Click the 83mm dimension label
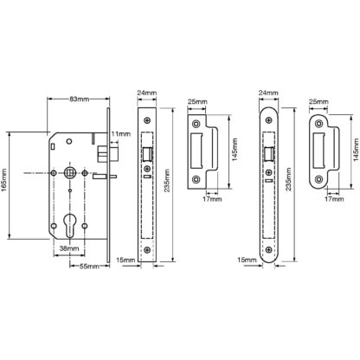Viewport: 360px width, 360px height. [79, 100]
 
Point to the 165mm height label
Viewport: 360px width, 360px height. [3, 184]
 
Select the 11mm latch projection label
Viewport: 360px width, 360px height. [121, 134]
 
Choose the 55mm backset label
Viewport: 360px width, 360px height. [89, 267]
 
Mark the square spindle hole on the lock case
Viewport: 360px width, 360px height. [69, 172]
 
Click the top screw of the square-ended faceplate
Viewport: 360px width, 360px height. [147, 120]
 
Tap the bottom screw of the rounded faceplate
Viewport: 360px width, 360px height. [269, 250]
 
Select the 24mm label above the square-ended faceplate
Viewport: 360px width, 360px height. [147, 93]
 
